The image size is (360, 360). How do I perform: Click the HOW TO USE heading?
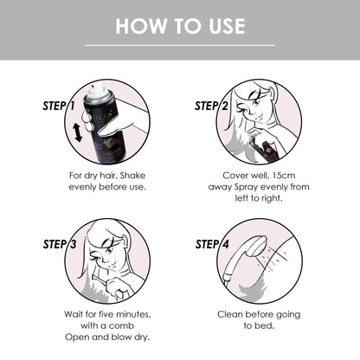[180, 25]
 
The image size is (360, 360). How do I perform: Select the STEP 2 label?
[211, 106]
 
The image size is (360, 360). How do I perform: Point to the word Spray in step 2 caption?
[245, 185]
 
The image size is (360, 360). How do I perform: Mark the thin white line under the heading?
[180, 44]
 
